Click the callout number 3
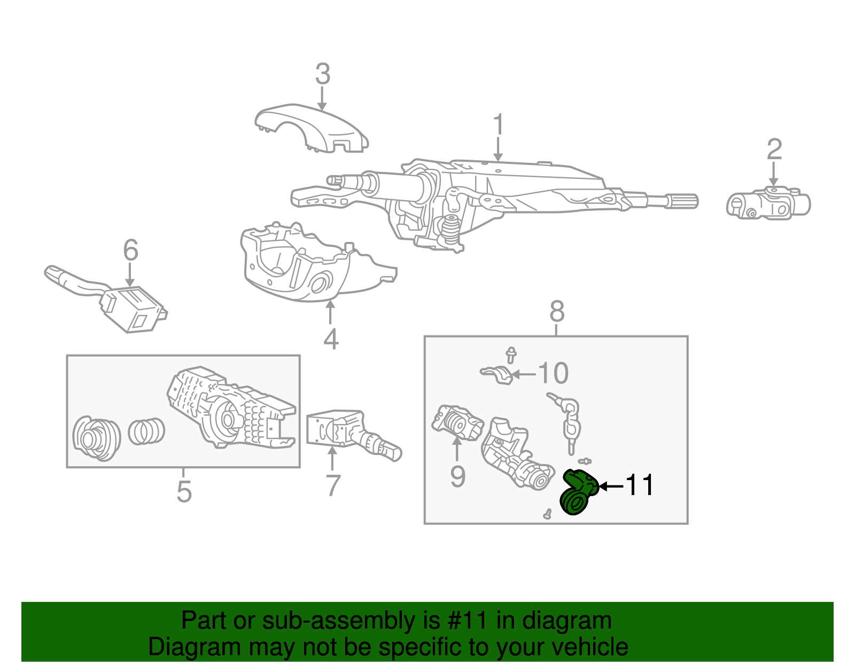[323, 74]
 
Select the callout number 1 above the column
[498, 125]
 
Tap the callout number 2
[774, 149]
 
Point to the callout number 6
[130, 250]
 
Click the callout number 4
[331, 339]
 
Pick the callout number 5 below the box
[184, 491]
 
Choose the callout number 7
[333, 485]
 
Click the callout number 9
[457, 476]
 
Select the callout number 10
[553, 373]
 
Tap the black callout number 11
[639, 485]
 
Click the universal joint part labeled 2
[768, 205]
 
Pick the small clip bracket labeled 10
[498, 374]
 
